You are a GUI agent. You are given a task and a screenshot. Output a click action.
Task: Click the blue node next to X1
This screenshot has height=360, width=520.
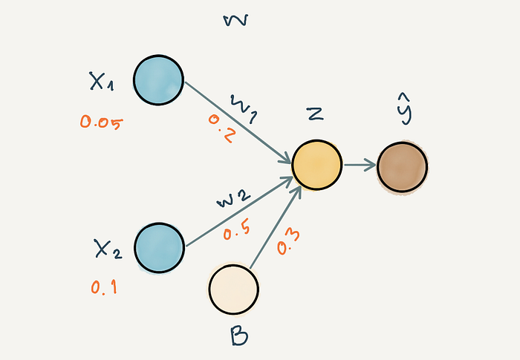158,80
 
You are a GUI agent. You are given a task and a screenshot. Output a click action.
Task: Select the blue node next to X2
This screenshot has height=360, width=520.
159,246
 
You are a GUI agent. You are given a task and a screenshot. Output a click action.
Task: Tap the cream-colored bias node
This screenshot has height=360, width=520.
233,289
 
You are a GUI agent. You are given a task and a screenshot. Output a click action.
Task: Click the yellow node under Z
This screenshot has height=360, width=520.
316,166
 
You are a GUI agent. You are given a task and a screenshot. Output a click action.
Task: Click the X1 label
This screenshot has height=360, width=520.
101,82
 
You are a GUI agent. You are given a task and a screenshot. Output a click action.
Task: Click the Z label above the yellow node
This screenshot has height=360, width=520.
314,113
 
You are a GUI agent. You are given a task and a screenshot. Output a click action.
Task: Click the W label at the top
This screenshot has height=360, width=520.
235,20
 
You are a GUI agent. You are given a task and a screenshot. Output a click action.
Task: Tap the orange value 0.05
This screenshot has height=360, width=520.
100,122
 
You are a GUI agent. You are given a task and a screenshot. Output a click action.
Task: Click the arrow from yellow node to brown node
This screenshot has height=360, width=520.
360,166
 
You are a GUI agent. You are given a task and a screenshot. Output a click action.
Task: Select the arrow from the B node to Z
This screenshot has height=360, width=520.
275,227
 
